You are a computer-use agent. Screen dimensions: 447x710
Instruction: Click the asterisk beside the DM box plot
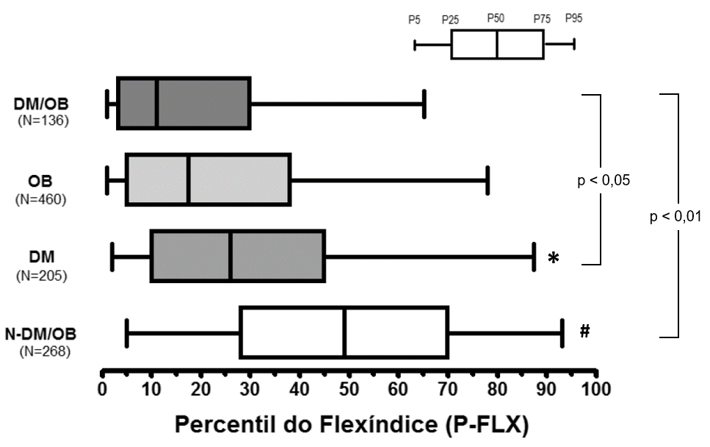tap(554, 258)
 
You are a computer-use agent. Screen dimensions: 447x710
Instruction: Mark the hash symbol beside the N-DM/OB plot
tap(584, 332)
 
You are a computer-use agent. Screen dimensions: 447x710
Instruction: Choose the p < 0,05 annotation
tap(604, 179)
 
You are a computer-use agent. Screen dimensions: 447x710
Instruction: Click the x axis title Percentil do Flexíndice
tap(350, 425)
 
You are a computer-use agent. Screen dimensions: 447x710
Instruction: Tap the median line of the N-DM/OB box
tap(345, 333)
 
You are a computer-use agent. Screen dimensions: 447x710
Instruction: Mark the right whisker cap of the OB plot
tap(488, 180)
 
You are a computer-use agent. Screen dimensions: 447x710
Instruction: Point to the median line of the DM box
tap(231, 256)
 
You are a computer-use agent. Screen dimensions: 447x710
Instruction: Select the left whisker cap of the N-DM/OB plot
tap(127, 333)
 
